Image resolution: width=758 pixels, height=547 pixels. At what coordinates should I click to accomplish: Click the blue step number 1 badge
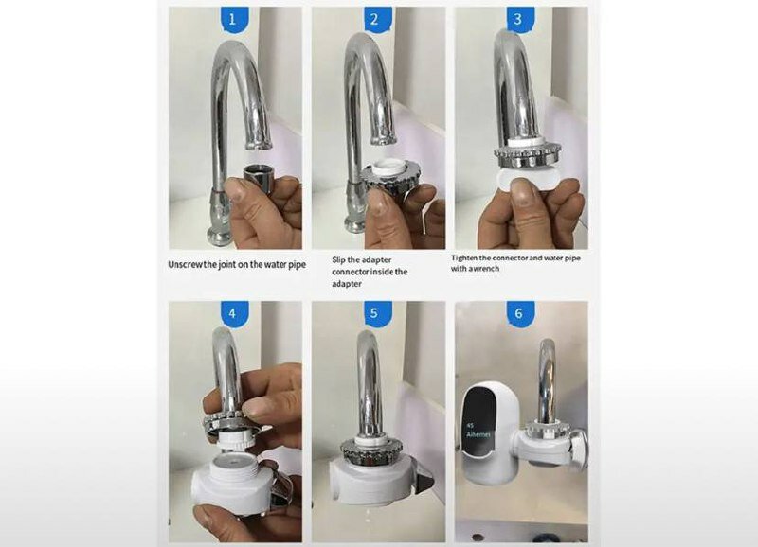click(232, 19)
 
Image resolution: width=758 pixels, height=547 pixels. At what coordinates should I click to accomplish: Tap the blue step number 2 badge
click(374, 19)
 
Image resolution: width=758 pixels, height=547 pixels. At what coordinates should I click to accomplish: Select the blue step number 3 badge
click(517, 19)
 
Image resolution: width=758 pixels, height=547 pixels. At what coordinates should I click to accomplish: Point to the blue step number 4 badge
click(232, 313)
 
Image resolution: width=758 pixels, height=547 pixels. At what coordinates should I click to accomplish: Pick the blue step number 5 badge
click(374, 313)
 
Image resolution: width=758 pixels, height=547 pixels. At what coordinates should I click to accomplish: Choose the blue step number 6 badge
click(518, 313)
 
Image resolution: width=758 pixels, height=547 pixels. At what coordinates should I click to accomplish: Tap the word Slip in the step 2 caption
click(339, 260)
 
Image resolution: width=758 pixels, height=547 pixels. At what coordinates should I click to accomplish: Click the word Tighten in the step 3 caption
click(464, 257)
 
